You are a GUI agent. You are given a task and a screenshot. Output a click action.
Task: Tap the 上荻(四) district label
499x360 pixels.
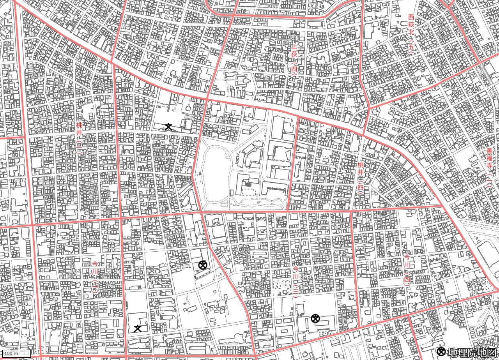tap(294, 58)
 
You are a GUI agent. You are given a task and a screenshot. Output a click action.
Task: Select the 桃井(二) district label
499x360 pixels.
tap(79, 138)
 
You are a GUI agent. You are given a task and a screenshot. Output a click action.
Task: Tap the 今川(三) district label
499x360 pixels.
tap(296, 281)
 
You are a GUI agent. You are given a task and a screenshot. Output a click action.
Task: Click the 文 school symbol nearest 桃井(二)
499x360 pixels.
tap(168, 126)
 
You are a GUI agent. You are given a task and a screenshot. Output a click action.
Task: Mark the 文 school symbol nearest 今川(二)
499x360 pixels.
tap(138, 328)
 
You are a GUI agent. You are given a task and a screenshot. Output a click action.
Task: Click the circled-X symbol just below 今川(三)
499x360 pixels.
tap(315, 319)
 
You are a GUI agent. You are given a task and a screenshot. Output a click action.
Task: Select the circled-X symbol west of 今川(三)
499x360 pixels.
tap(202, 265)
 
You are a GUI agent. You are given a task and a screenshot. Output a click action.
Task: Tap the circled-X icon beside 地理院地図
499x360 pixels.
tap(441, 352)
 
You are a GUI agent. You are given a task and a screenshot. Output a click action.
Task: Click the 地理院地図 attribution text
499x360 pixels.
tap(472, 352)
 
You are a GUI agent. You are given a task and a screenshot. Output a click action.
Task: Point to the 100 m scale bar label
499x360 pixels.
tap(11, 353)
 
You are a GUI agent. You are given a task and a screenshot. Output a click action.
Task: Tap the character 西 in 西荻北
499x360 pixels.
tap(411, 17)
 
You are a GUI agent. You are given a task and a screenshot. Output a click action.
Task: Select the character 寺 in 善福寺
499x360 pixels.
tap(489, 165)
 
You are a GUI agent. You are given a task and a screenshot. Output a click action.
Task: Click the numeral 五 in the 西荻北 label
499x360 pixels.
tap(411, 47)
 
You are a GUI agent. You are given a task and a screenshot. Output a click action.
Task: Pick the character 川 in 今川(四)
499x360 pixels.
tap(407, 265)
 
